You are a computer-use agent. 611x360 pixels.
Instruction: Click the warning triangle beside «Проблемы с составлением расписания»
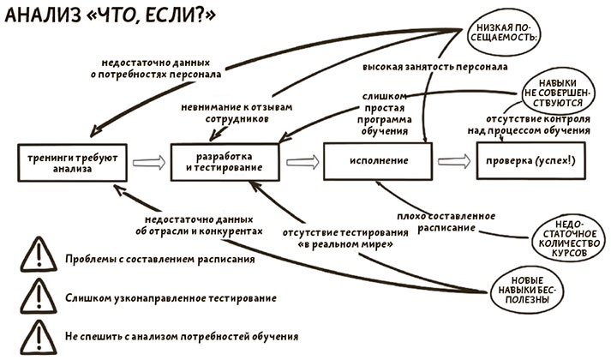(36, 261)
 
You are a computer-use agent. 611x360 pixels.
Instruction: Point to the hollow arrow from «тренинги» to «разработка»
(148, 161)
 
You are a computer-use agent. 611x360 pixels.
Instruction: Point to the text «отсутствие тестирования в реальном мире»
(338, 237)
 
